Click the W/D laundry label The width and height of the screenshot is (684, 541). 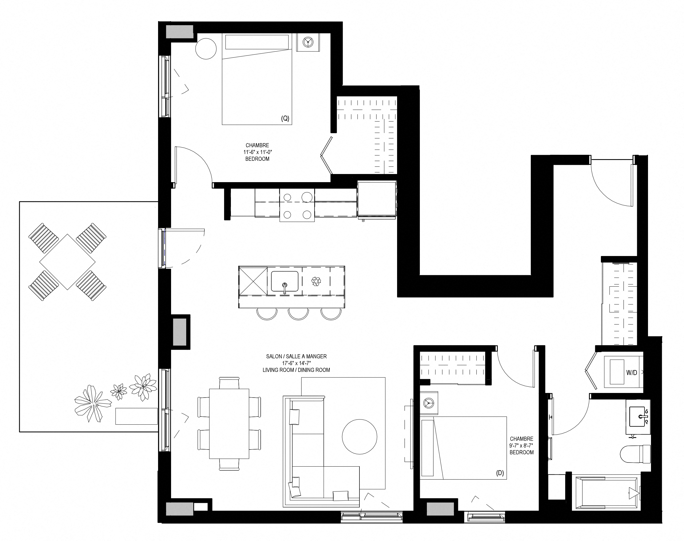631,373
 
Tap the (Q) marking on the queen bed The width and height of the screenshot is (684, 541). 285,119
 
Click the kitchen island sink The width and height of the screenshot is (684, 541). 284,281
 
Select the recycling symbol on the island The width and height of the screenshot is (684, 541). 316,281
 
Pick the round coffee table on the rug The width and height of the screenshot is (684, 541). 359,437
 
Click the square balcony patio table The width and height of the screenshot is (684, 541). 67,262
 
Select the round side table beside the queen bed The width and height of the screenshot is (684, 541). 206,49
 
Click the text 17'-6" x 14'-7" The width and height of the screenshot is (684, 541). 296,363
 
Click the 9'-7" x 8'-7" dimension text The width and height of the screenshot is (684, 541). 522,445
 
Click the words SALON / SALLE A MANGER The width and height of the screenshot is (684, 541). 296,356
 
